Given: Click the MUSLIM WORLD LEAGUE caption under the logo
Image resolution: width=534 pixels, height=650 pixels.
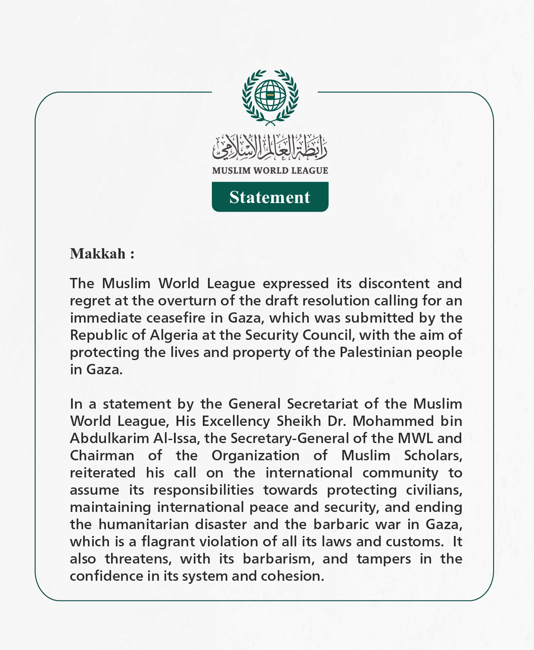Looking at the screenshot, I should (x=270, y=170).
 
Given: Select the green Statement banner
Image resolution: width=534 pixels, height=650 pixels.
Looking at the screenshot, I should (x=270, y=197).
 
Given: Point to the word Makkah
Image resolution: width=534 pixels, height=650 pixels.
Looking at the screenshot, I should (x=98, y=254).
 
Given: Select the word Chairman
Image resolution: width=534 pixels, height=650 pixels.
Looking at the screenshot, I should (x=102, y=456).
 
